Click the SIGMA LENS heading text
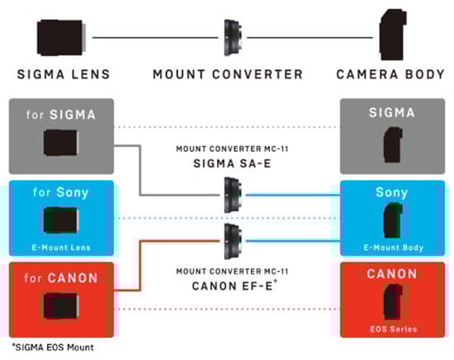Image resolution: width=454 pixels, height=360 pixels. [x=64, y=74]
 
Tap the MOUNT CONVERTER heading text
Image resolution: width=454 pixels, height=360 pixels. [x=228, y=74]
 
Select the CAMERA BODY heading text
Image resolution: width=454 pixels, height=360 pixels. [x=390, y=74]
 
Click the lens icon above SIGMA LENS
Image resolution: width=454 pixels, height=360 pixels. [x=61, y=38]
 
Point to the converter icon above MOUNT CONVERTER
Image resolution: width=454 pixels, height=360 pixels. [x=233, y=38]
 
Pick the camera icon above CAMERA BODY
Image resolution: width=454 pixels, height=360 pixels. [x=393, y=35]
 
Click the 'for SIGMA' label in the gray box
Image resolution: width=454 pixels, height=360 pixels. [x=61, y=115]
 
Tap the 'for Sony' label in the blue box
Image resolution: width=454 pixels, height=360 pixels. [x=61, y=192]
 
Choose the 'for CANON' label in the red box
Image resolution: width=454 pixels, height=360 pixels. [x=61, y=278]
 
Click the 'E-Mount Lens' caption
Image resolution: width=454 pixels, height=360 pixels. [x=61, y=248]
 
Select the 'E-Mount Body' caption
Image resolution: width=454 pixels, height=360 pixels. [x=394, y=248]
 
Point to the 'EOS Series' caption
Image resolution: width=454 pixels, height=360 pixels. [x=394, y=329]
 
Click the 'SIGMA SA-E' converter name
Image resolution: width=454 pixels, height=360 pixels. [x=232, y=163]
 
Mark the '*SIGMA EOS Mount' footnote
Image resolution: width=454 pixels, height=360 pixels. [x=53, y=348]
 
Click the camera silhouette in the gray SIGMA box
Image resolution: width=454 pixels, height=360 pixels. [x=393, y=144]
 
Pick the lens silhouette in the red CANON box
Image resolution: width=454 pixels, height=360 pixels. [x=61, y=306]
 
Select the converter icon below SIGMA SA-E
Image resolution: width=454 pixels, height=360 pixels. [x=233, y=195]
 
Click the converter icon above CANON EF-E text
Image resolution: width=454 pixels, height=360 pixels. [x=233, y=241]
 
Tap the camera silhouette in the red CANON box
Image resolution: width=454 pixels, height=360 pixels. [x=393, y=301]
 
